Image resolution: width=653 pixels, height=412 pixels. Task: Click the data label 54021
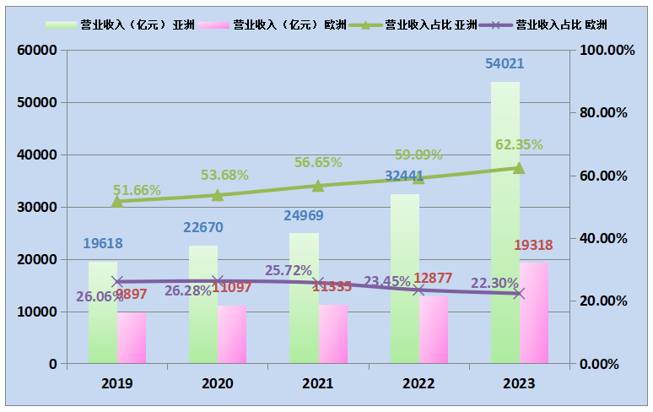tap(505, 64)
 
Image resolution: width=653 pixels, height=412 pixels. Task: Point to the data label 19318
tap(533, 245)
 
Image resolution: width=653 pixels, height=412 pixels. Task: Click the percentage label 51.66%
tap(137, 190)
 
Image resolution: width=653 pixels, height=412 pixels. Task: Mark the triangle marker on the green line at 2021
tap(318, 186)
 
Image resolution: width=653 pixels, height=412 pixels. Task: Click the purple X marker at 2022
tap(418, 290)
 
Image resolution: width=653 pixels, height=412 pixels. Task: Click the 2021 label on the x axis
tap(318, 384)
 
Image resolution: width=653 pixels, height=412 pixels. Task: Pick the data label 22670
tap(203, 227)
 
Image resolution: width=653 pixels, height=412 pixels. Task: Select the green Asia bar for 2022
tap(404, 279)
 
